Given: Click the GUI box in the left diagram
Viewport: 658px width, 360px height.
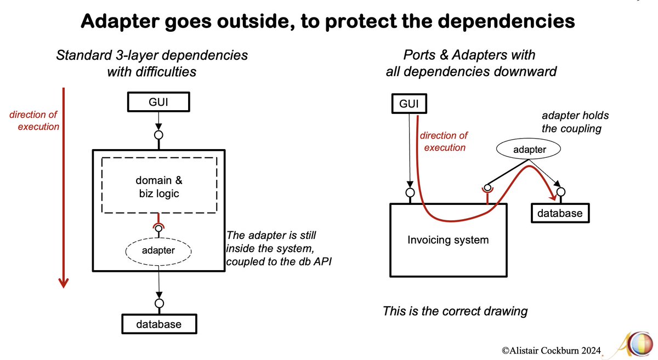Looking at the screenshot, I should (158, 102).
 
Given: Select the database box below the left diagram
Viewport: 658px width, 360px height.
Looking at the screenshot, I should (158, 324).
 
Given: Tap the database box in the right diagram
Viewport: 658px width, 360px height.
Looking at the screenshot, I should (560, 213).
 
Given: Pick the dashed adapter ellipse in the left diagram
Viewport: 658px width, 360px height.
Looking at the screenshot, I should (158, 251).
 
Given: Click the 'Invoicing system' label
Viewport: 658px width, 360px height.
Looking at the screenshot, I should (448, 240).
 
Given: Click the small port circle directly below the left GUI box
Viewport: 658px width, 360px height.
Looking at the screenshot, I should (158, 135).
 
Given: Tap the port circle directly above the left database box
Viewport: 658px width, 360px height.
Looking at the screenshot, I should (158, 302).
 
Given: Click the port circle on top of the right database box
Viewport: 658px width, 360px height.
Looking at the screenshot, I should (560, 192).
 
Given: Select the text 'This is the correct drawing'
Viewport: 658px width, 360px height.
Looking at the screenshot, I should (455, 311).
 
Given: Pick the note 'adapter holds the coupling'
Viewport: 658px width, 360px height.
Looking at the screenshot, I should (575, 123).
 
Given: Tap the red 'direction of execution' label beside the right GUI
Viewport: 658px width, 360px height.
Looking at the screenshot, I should (444, 141).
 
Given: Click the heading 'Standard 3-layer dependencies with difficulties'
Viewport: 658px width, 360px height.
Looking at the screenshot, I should (152, 62).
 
